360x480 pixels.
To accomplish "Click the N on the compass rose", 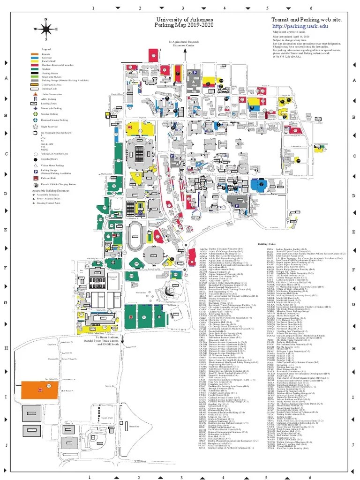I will point(46,19).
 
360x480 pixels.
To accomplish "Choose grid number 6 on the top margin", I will point(310,8).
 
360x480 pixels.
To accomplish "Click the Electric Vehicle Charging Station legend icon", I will point(36,185).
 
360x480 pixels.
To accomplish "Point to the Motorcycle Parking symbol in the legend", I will point(36,108).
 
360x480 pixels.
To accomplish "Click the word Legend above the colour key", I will point(46,49).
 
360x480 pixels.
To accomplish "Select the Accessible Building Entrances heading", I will point(53,191).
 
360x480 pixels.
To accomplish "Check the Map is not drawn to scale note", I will point(289,32).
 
